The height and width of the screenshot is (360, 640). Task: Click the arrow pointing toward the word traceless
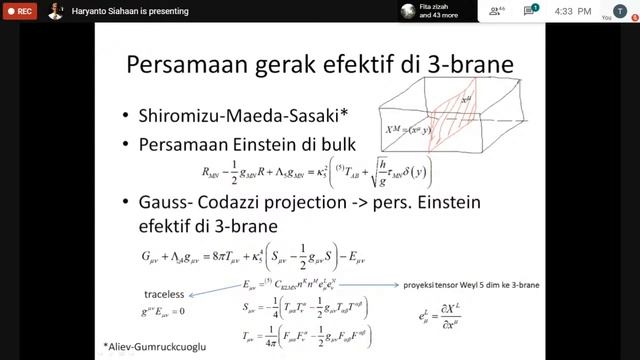[221, 290]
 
